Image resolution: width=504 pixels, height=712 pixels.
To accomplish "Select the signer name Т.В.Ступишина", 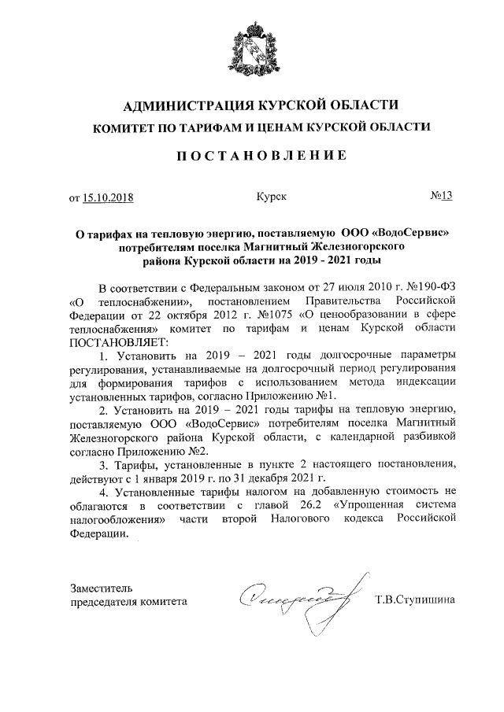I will point(415,601).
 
